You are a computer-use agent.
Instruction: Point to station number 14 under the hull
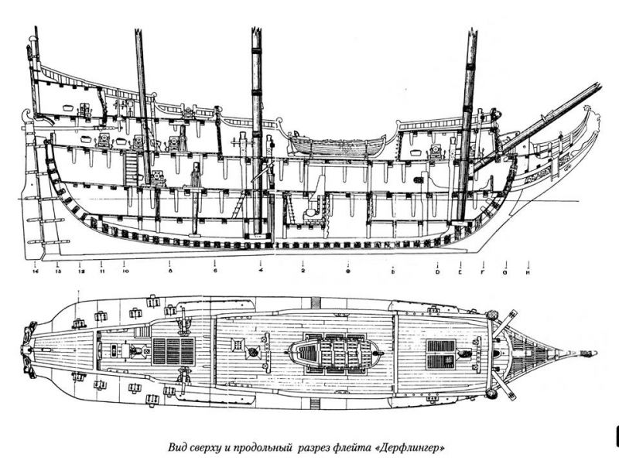36,271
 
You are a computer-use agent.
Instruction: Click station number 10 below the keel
125,271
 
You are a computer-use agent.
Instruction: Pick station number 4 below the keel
261,271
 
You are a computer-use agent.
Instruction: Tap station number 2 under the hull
303,271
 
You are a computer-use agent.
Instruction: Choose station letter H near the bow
528,271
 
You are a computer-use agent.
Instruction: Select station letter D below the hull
437,271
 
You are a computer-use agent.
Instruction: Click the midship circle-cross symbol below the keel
348,271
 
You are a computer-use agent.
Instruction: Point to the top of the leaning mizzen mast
140,32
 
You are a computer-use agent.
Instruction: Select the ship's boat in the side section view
337,143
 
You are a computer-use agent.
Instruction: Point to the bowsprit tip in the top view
592,355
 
